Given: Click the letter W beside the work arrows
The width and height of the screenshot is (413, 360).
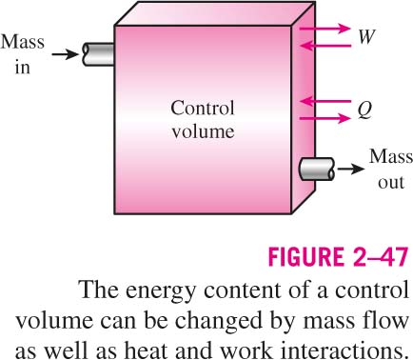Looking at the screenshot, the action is (x=366, y=37).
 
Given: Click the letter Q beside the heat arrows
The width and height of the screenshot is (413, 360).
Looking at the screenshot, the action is (x=364, y=110).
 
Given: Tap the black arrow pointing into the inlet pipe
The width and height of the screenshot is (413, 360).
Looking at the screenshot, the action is (x=65, y=54).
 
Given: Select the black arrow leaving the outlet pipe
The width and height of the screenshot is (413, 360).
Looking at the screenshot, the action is (x=351, y=169).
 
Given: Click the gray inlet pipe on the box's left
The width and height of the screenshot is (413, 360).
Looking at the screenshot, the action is (x=98, y=54).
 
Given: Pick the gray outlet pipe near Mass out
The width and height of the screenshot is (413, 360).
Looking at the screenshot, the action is (x=317, y=169).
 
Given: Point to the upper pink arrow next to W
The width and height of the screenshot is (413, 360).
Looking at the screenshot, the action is (x=324, y=29).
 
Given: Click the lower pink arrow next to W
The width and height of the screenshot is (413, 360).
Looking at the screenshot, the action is (x=325, y=46).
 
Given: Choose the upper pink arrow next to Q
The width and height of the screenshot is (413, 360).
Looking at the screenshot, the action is (x=325, y=102).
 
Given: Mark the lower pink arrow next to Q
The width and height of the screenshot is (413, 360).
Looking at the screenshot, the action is (x=324, y=119).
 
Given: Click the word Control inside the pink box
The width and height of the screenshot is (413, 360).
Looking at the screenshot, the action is (x=203, y=108).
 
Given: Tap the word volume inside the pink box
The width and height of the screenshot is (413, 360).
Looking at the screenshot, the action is (x=203, y=130).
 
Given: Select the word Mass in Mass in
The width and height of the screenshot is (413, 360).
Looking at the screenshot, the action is (x=22, y=42).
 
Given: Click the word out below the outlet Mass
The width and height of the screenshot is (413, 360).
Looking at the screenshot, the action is (x=391, y=183).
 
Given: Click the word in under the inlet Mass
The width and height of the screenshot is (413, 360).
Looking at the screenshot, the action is (x=22, y=67).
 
